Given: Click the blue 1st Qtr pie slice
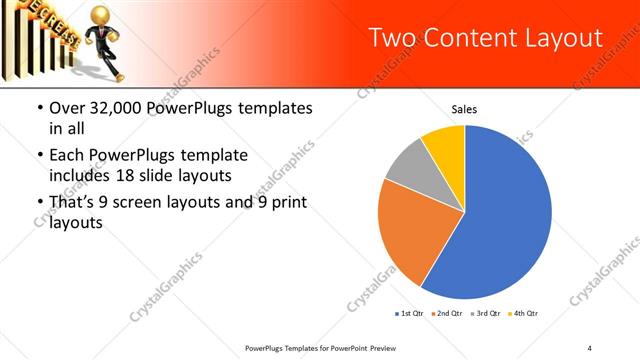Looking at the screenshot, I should [505, 215].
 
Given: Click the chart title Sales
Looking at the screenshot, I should [464, 109].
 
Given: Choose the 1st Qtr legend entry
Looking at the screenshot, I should [410, 314].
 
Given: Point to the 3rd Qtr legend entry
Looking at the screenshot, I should [486, 314].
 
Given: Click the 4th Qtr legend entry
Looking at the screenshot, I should [524, 314].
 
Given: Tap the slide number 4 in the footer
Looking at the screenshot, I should [590, 347].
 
